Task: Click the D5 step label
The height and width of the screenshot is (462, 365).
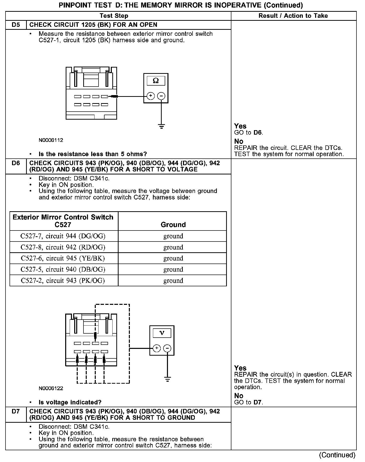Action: pos(16,25)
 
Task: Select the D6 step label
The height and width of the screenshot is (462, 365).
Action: pos(16,163)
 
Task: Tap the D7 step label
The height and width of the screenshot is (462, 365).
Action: pos(16,411)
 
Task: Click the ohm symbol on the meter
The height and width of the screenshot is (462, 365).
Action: pos(156,81)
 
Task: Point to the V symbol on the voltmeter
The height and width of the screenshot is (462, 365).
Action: pos(162,333)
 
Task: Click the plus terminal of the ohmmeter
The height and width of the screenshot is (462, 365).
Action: pos(150,96)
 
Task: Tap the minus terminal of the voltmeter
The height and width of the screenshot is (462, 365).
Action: pos(167,348)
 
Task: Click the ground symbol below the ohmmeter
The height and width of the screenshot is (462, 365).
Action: pos(161,126)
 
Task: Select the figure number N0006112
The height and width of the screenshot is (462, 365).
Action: pos(51,140)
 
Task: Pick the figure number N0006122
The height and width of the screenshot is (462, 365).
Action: pos(51,388)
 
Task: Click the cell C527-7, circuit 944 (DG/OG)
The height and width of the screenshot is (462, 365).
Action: pos(63,236)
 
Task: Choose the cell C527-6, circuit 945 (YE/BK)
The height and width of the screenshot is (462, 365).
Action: pos(63,258)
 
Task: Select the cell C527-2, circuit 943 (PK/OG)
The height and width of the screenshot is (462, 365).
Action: pos(63,281)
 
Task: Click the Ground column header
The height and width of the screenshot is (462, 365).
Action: pos(173,224)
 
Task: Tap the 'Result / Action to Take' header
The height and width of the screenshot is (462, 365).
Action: pos(293,16)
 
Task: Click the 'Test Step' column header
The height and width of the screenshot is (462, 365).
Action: pos(114,16)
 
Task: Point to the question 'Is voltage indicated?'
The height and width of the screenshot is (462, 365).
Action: pos(70,402)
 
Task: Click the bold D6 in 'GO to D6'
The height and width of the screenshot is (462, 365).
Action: pos(257,133)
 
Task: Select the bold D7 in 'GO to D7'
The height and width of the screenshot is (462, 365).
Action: pos(257,402)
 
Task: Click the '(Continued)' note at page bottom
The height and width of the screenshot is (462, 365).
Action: pos(337,455)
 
